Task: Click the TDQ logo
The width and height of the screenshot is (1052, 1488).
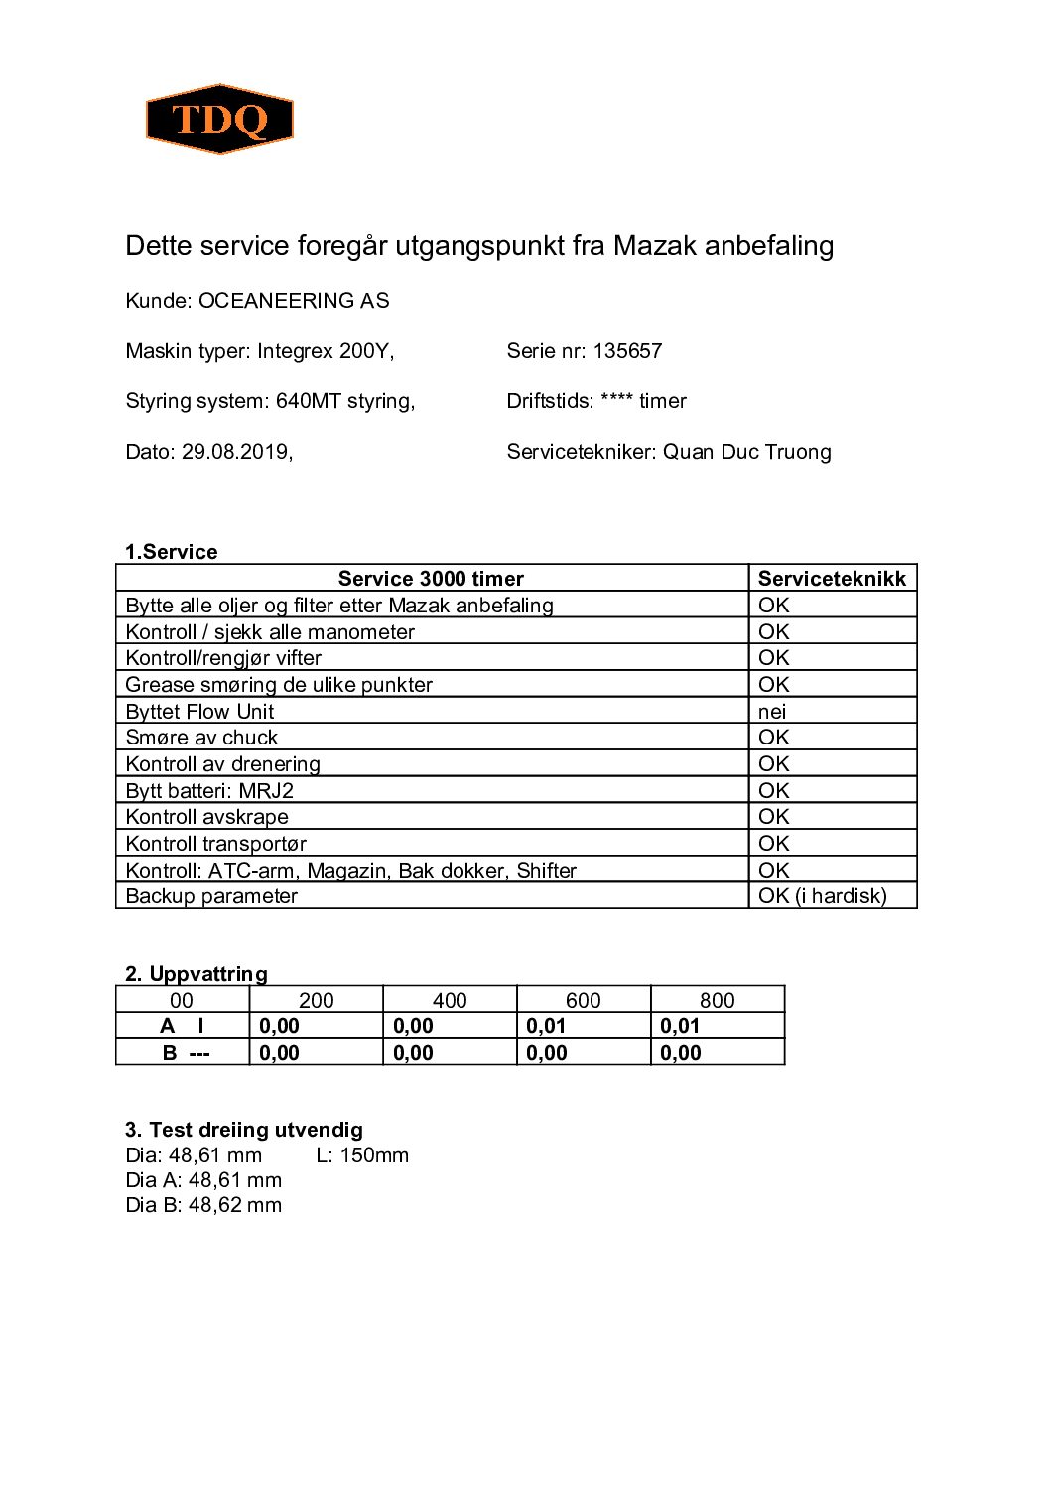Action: [219, 119]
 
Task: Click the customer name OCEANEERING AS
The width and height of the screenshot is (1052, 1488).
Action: [294, 301]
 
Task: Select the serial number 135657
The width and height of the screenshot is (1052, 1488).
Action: [627, 351]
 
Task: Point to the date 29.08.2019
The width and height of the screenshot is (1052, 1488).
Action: [235, 452]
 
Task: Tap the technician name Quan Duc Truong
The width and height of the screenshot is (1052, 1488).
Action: [746, 452]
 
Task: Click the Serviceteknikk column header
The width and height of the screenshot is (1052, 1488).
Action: [832, 579]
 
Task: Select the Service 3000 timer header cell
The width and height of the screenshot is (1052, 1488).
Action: [431, 579]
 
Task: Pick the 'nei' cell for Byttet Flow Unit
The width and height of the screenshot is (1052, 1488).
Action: [772, 712]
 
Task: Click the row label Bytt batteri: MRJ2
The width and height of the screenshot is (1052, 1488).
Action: [209, 791]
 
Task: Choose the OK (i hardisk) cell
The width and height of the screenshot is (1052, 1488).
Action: [822, 896]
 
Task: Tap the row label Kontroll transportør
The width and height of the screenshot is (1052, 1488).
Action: [215, 844]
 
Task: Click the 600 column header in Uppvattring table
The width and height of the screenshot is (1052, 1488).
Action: [583, 1000]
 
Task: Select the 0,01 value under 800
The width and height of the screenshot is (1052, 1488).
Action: [680, 1026]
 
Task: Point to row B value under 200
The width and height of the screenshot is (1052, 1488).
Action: [279, 1053]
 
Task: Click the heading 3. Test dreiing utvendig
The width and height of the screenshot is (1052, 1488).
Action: [244, 1130]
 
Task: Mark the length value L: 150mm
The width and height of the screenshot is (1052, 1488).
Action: [362, 1155]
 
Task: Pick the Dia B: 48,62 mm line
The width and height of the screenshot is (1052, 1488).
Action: [203, 1205]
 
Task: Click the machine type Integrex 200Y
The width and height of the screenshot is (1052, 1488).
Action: [325, 351]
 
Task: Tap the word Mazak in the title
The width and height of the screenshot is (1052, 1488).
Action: [655, 246]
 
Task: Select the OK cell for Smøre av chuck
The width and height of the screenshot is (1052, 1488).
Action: [773, 738]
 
